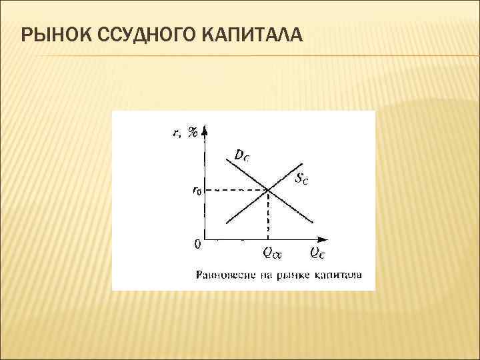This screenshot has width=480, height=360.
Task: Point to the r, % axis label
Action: pos(185,132)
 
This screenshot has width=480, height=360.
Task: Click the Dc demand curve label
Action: pos(242,155)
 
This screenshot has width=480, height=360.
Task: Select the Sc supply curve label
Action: pos(301,178)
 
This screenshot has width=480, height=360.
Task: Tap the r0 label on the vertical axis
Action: pos(196,191)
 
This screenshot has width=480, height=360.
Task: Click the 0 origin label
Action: pos(197,244)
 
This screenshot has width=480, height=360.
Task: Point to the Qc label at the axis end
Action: pos(317,252)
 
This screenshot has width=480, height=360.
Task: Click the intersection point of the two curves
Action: pos(268,191)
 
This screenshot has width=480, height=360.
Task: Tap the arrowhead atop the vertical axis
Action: pos(204,129)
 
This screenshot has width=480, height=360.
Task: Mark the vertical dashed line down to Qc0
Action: pos(268,215)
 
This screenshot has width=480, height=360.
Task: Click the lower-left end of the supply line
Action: pos(227,222)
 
